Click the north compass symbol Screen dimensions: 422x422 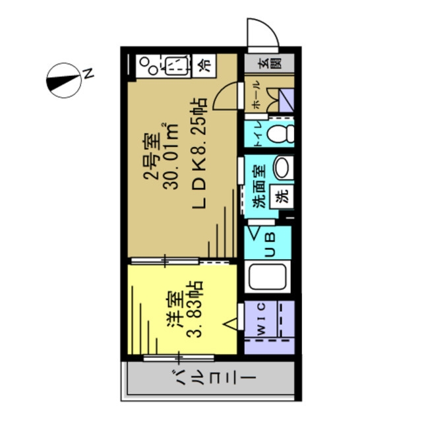pyautogui.click(x=63, y=80)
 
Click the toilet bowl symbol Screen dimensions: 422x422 pyautogui.click(x=280, y=134)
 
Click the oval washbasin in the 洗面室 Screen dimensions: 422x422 pyautogui.click(x=283, y=167)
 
